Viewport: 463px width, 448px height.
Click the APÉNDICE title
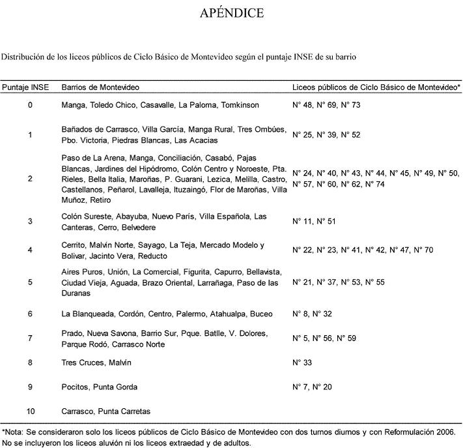[232, 14]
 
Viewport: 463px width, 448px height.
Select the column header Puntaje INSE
[25, 87]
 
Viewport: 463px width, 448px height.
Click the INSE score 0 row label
[30, 104]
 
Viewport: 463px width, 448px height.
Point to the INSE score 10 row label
[30, 411]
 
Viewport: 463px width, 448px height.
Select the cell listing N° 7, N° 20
[312, 387]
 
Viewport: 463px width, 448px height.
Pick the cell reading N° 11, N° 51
[314, 222]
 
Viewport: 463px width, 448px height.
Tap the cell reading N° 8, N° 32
[312, 314]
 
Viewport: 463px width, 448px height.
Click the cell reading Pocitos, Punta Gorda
[99, 387]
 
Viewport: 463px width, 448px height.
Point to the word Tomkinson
[240, 104]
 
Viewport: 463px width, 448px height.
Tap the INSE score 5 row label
[30, 282]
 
